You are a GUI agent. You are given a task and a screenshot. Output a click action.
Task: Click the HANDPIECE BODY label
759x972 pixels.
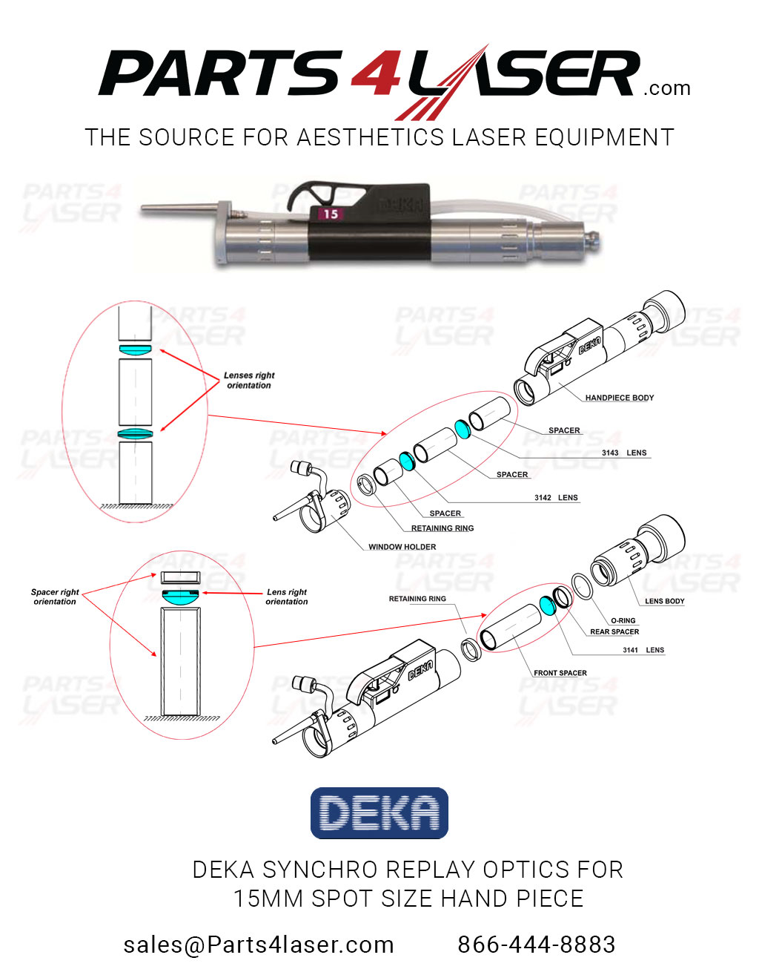coord(619,398)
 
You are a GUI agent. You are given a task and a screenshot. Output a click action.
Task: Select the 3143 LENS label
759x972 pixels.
coord(623,453)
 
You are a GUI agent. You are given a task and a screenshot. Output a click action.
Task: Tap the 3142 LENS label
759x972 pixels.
coord(556,498)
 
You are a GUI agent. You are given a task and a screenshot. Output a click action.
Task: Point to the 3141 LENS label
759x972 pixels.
coord(643,650)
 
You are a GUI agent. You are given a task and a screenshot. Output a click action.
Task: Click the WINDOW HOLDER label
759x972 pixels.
coord(402,547)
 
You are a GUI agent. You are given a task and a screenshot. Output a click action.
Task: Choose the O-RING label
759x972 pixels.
coord(623,620)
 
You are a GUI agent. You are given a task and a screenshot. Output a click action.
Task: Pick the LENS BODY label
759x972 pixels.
coord(664,601)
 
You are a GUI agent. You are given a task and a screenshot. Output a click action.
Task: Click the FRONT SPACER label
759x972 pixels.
coord(560,673)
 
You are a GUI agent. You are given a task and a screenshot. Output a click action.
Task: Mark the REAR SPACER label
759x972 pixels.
coord(614,632)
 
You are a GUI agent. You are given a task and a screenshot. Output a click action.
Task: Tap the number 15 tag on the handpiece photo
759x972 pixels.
coord(330,214)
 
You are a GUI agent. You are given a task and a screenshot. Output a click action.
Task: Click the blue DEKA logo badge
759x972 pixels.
coord(379,813)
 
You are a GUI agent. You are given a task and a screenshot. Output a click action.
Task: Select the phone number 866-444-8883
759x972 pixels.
coord(536,945)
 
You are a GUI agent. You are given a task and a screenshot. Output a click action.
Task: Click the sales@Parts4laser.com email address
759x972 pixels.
coord(259,945)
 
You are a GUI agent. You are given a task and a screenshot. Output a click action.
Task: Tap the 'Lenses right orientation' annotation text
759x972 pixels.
coord(249,381)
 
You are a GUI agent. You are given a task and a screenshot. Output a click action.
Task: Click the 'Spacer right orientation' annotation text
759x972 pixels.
coord(55,597)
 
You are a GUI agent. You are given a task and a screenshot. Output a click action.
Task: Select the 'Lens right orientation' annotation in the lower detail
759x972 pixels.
coord(287,597)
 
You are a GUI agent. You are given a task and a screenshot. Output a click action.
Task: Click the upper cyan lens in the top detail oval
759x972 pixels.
coord(136,349)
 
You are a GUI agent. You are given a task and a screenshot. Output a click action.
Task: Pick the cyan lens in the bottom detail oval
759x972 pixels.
coord(180,595)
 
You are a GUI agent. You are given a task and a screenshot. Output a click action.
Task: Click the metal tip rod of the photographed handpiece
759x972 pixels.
coord(178,211)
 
